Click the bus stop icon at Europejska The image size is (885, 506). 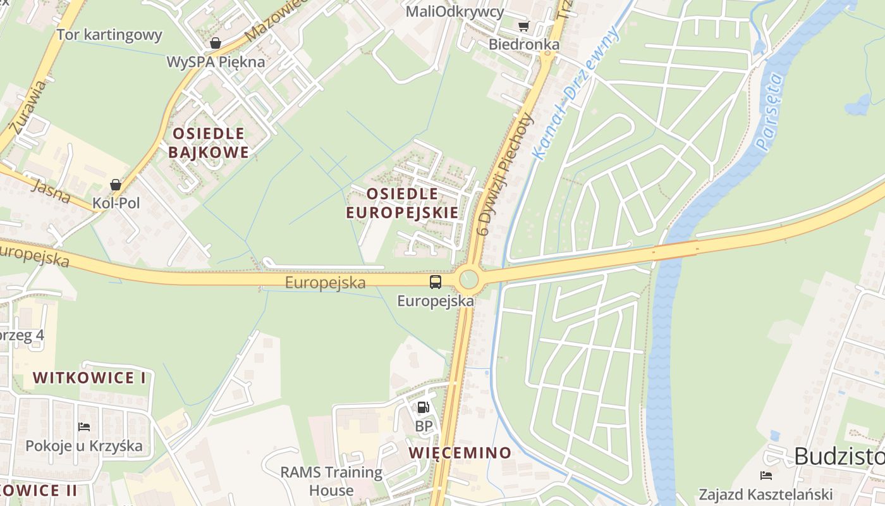pos(436,282)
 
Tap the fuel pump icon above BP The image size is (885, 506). pos(423,407)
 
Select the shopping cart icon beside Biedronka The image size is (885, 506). pos(523,26)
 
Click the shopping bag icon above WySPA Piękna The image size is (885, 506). pos(215,44)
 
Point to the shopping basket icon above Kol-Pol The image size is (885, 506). pos(116,185)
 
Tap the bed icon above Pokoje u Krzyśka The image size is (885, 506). pos(84,427)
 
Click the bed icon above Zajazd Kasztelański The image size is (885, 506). pos(766,475)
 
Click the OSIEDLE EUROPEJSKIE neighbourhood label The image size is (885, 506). pos(402,203)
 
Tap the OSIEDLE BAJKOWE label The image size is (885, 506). pos(209,143)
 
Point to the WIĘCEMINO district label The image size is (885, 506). pos(460,453)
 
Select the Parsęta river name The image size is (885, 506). pos(769,113)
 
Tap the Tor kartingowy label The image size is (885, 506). pos(109,35)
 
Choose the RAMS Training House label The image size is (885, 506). pos(331,481)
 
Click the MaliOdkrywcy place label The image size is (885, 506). pos(455,11)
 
